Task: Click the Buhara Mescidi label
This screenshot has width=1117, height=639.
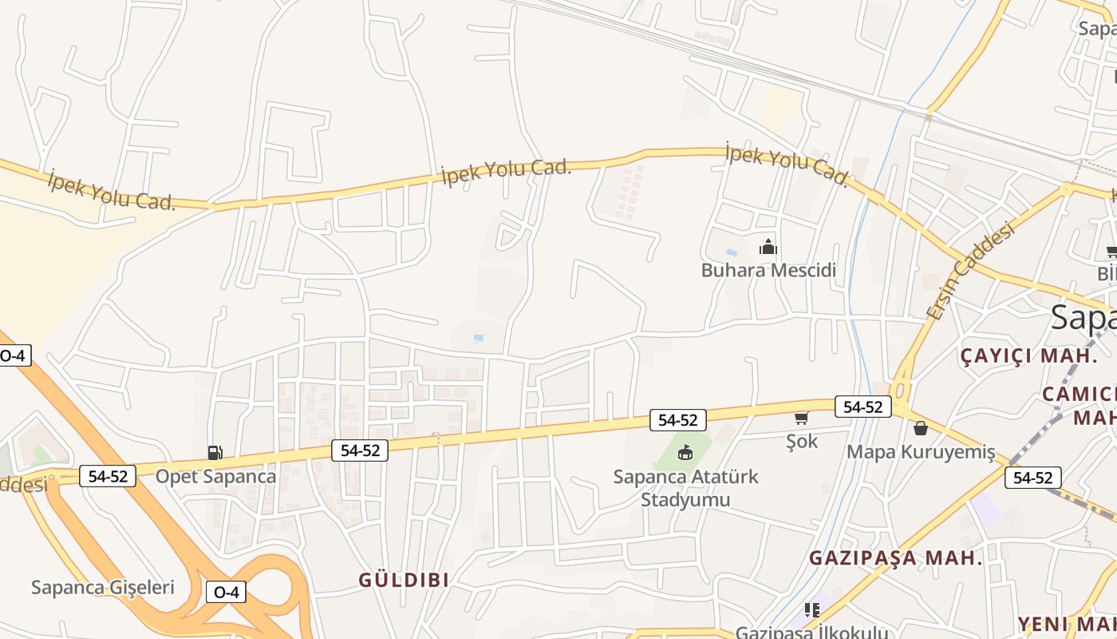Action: pyautogui.click(x=768, y=270)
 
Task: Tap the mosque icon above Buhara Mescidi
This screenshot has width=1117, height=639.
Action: pyautogui.click(x=768, y=247)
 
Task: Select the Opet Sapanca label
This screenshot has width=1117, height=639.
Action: pyautogui.click(x=215, y=477)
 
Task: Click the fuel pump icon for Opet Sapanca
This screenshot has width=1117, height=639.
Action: pyautogui.click(x=215, y=453)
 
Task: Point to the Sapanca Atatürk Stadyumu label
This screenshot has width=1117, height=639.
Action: pyautogui.click(x=685, y=488)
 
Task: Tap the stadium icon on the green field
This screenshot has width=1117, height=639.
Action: pyautogui.click(x=685, y=453)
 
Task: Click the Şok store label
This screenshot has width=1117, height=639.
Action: pyautogui.click(x=802, y=440)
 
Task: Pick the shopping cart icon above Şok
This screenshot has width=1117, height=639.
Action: pyautogui.click(x=801, y=419)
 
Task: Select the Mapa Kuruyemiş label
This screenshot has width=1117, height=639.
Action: pyautogui.click(x=921, y=452)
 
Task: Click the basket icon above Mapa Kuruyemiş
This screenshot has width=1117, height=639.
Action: pyautogui.click(x=921, y=429)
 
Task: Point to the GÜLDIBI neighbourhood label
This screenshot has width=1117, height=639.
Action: pyautogui.click(x=404, y=580)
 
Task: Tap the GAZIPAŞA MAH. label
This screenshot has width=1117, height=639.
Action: pyautogui.click(x=896, y=558)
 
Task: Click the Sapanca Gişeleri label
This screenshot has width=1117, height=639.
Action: pyautogui.click(x=102, y=588)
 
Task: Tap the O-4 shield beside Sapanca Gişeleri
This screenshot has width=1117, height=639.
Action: pyautogui.click(x=227, y=592)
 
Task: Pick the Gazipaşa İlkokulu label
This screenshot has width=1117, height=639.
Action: pyautogui.click(x=811, y=632)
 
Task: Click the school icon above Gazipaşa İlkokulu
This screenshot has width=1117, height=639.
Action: pyautogui.click(x=812, y=611)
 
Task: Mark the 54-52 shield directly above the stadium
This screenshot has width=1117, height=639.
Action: pyautogui.click(x=678, y=419)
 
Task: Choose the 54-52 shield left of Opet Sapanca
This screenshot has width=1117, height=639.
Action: pyautogui.click(x=108, y=476)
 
